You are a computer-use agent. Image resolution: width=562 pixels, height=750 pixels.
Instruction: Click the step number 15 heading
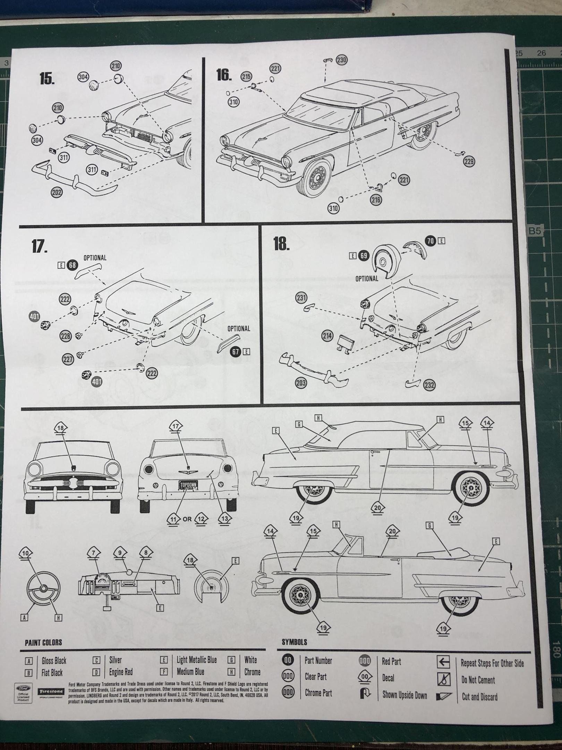[x=47, y=79]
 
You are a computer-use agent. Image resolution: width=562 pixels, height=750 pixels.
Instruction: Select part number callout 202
[x=57, y=192]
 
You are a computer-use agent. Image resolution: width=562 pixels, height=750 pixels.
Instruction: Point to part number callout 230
[x=341, y=60]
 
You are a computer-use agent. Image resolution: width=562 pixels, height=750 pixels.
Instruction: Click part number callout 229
[x=469, y=161]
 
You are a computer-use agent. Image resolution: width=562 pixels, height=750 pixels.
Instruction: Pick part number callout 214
[x=327, y=336]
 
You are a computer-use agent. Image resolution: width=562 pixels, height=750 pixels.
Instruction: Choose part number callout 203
[x=301, y=383]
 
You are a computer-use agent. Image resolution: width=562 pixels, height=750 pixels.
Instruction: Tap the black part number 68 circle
[x=72, y=265]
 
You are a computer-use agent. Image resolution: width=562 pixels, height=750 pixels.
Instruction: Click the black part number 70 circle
[x=431, y=241]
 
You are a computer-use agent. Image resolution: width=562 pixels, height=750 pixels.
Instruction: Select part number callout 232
[x=429, y=385]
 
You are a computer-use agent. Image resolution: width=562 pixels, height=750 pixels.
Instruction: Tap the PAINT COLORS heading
[x=43, y=642]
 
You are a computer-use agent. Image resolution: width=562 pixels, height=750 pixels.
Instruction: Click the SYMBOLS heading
[x=294, y=642]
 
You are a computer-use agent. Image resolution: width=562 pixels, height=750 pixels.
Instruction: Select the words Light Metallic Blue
[x=196, y=660]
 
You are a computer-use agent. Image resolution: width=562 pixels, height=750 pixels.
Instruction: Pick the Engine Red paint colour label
[x=121, y=672]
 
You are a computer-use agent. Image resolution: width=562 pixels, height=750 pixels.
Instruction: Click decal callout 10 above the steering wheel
[x=26, y=553]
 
